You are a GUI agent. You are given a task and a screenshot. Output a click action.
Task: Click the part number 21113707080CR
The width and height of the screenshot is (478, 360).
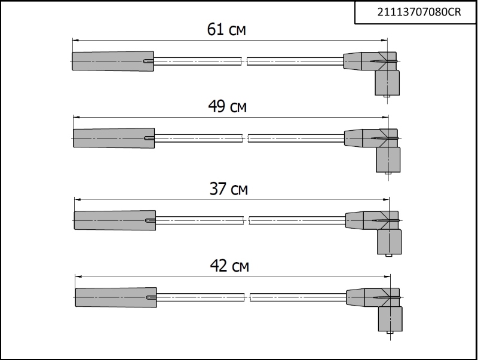pyautogui.click(x=419, y=12)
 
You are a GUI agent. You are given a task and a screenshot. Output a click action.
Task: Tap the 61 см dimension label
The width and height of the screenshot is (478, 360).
pyautogui.click(x=226, y=29)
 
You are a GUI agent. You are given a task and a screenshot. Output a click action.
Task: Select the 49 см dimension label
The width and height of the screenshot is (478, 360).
pyautogui.click(x=228, y=106)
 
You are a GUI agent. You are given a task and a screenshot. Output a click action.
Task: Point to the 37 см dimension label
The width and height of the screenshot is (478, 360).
pyautogui.click(x=229, y=189)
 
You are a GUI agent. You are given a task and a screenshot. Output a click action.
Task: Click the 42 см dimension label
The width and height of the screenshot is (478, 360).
pyautogui.click(x=229, y=266)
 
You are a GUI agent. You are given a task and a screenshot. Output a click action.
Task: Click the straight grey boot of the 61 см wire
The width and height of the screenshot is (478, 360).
pyautogui.click(x=113, y=61)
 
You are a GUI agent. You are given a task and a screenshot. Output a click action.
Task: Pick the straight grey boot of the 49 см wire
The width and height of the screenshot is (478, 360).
pyautogui.click(x=114, y=139)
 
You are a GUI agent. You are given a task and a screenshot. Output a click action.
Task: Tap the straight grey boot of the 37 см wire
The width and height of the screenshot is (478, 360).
pyautogui.click(x=115, y=220)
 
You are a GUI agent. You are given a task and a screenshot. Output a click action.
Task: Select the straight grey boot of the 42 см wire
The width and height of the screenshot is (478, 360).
pyautogui.click(x=116, y=297)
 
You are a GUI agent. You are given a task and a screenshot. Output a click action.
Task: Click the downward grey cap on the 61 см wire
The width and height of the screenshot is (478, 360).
pyautogui.click(x=387, y=82)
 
